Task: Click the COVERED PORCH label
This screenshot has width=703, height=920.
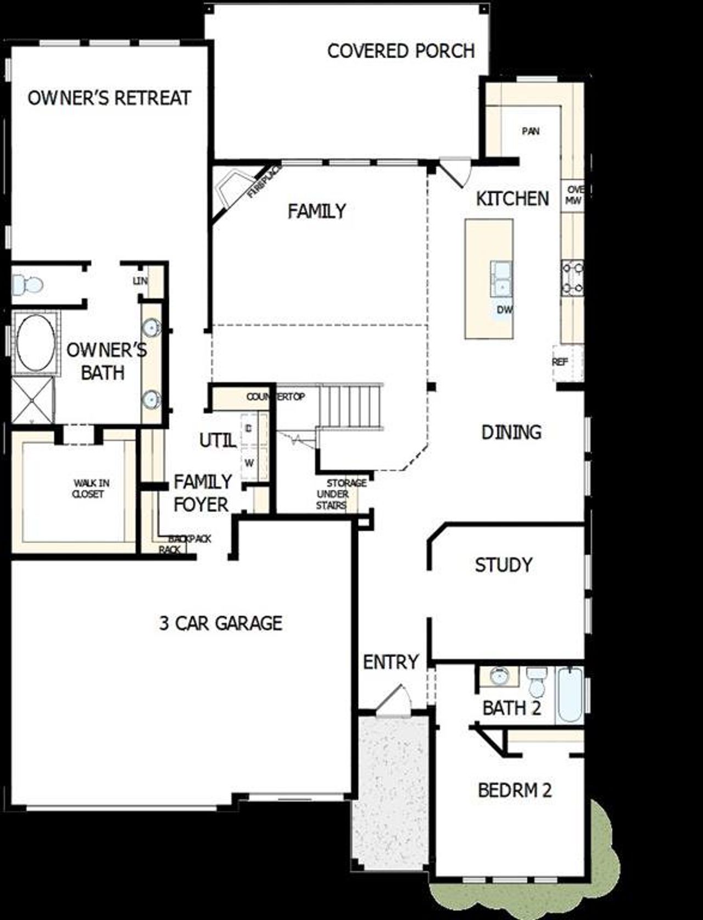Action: tap(400, 51)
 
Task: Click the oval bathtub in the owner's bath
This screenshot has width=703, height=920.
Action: tap(35, 341)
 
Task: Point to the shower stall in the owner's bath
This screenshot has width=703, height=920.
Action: tap(32, 399)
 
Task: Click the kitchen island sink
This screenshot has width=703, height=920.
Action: tap(501, 280)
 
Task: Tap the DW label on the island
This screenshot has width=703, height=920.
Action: tap(504, 310)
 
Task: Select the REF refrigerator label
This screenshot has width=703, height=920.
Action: tap(560, 362)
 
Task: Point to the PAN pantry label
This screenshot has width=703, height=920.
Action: tap(531, 131)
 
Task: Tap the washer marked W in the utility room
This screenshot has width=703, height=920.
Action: tap(249, 463)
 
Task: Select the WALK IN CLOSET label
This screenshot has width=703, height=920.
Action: tap(90, 488)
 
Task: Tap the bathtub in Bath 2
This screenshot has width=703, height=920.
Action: tap(569, 695)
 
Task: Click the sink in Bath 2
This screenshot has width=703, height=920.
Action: tap(499, 677)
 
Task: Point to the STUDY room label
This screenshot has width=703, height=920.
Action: tap(503, 565)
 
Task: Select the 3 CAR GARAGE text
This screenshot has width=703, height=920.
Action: tap(221, 623)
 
